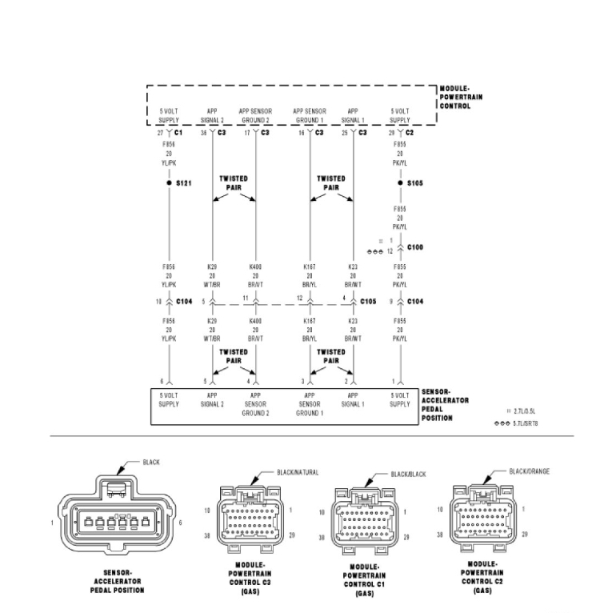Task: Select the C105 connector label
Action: [368, 302]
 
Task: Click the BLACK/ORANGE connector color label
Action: [529, 471]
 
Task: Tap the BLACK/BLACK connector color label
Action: [410, 474]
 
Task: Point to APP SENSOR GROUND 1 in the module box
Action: [310, 115]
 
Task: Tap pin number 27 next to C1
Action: [160, 132]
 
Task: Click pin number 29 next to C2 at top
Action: [392, 132]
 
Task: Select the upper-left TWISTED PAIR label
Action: [234, 183]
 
